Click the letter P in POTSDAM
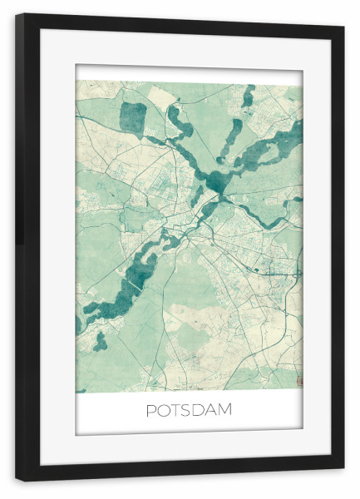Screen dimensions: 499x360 pyautogui.click(x=151, y=410)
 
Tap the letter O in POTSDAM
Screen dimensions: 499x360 pyautogui.click(x=164, y=410)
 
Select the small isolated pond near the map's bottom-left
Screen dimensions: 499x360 pyautogui.click(x=101, y=341)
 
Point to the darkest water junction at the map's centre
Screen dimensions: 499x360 pyautogui.click(x=218, y=180)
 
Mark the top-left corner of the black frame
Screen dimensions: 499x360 pyautogui.click(x=17, y=14)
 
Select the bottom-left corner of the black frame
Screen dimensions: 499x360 pyautogui.click(x=17, y=482)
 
